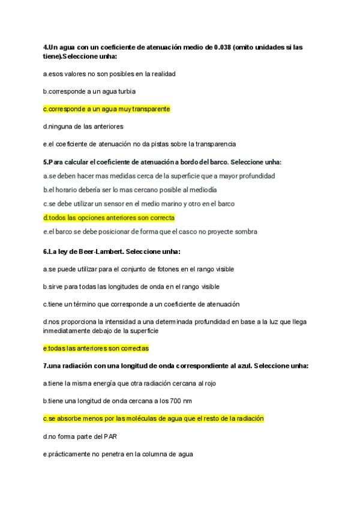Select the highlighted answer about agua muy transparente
pos(107,109)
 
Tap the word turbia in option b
pos(124,91)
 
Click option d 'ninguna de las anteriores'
pos(83,126)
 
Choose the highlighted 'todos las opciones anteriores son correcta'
pos(109,217)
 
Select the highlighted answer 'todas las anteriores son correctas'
pos(96,348)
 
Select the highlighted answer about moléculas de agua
pos(154,418)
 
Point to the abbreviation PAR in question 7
pos(110,436)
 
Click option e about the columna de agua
pos(118,454)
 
